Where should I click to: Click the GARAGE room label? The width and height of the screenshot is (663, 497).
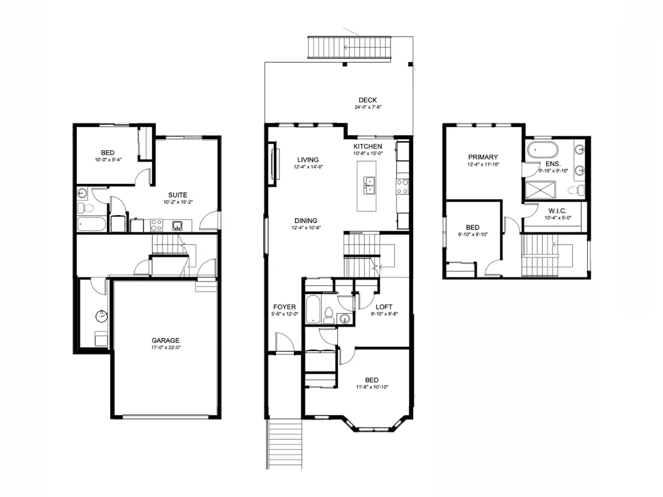pos(166,341)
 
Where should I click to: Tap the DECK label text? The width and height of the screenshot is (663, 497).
pos(367,100)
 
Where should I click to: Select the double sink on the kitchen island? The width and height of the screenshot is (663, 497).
pos(369,186)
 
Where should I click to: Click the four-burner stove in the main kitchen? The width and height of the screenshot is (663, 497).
pos(402,186)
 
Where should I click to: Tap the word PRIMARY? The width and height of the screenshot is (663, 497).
pos(483,157)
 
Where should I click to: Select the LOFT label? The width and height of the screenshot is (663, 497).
pos(384,307)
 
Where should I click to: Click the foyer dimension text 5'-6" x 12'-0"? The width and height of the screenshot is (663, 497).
pos(285,314)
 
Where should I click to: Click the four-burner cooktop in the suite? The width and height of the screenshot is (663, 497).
pos(156,225)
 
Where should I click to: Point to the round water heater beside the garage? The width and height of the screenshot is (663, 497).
pos(102,316)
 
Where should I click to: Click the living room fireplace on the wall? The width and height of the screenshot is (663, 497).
pos(272,164)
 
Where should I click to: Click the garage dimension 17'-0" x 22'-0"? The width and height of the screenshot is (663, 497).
pos(166,347)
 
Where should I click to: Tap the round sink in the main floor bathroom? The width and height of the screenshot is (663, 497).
pos(345,318)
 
